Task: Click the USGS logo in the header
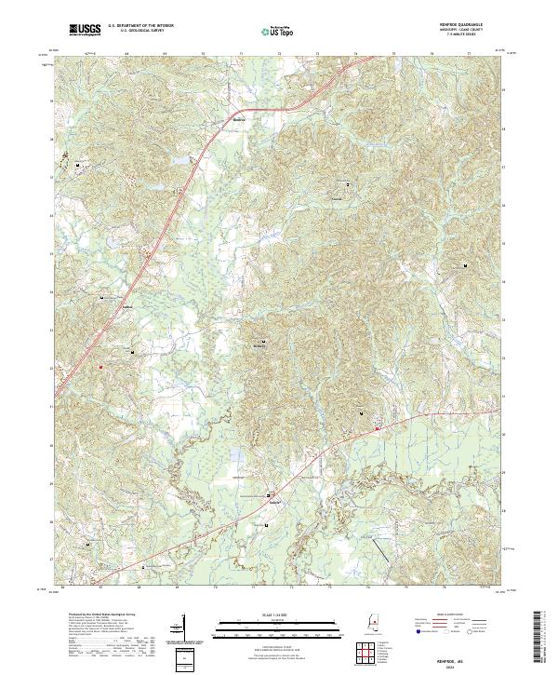85,31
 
